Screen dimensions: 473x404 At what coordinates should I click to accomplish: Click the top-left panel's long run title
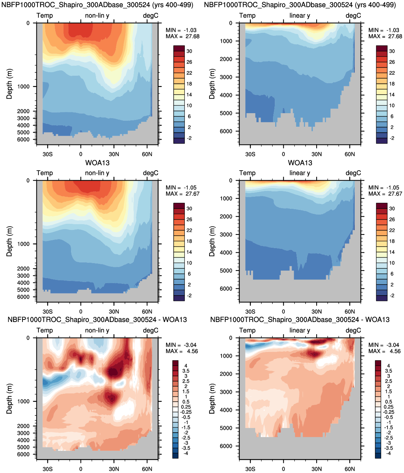97,5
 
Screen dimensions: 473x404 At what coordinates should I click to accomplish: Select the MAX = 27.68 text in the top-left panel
182,36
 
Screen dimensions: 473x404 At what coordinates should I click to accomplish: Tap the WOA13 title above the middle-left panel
97,163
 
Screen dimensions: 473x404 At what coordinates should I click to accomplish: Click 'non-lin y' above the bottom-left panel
97,330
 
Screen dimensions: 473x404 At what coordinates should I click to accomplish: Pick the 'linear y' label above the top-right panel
300,15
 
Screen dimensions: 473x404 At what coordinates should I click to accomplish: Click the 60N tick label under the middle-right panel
350,312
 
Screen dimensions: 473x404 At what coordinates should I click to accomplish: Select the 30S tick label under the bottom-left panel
47,469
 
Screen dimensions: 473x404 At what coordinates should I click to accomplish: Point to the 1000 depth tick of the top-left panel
24,86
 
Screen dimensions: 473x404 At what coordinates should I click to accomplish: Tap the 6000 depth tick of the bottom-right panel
226,446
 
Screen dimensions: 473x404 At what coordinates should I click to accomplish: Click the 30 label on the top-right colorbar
392,51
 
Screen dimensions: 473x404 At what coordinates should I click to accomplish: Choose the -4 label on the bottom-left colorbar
186,453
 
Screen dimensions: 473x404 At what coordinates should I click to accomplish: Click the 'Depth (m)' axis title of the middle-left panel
9,241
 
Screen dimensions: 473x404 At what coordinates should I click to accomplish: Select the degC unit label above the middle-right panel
353,173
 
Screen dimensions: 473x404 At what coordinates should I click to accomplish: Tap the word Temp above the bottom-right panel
247,330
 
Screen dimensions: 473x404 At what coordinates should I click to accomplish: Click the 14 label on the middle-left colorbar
189,252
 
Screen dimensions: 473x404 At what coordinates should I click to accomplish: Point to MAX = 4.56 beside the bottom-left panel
182,351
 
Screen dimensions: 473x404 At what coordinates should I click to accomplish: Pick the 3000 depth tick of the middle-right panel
226,235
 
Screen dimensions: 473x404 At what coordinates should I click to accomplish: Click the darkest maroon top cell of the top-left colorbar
179,48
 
